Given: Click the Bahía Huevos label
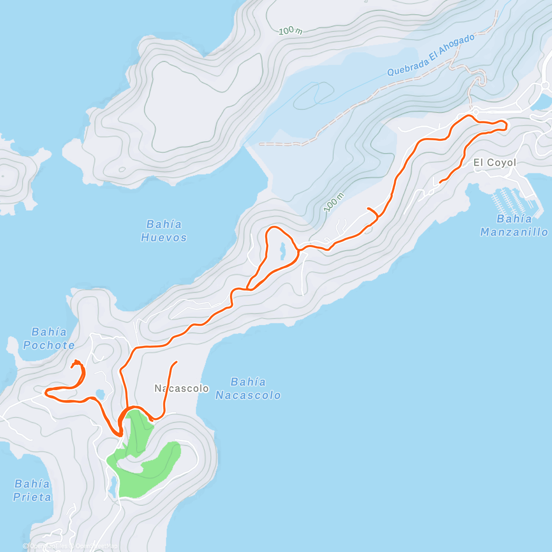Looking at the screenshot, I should click(164, 231).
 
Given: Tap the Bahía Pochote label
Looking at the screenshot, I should click(49, 339).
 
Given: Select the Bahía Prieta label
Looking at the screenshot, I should click(32, 490).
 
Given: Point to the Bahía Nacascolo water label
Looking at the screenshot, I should click(248, 389).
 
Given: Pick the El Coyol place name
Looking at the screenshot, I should click(494, 163).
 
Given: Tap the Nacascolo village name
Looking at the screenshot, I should click(182, 389).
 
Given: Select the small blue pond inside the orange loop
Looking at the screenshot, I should click(282, 250).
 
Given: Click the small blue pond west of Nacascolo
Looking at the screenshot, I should click(100, 394).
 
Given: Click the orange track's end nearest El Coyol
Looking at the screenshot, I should click(441, 183).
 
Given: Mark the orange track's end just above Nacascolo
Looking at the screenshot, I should click(176, 362).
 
